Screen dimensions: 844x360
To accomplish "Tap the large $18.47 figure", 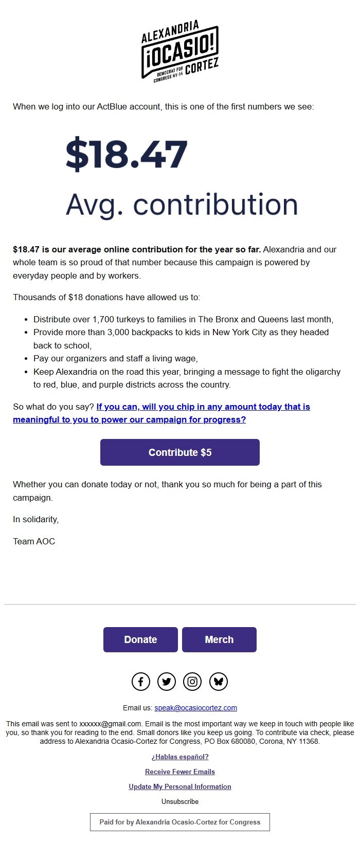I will [127, 154].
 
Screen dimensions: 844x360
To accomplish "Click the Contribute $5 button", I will [180, 452].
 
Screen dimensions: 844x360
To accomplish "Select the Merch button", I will [219, 639].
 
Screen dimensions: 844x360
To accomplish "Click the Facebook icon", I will [141, 682].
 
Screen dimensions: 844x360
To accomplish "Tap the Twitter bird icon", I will [167, 682].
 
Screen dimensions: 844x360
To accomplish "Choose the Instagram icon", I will [192, 682].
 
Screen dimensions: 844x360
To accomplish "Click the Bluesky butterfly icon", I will [219, 682].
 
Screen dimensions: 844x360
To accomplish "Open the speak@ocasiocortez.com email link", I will [195, 708].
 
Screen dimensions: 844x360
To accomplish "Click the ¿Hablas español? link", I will [180, 757].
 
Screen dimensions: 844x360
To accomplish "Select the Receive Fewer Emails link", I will [180, 772].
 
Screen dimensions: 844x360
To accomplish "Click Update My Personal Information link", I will [180, 786].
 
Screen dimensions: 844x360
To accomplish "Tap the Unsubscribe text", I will [180, 801].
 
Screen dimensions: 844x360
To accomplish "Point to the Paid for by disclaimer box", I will [180, 822].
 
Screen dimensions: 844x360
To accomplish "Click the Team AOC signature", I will [34, 541].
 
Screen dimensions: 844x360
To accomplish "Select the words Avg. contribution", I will [182, 205].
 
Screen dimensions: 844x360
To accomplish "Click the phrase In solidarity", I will [36, 519].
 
